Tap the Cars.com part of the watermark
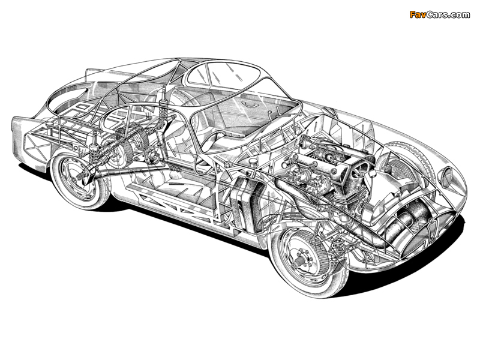(448, 14)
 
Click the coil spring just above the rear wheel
(94, 157)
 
